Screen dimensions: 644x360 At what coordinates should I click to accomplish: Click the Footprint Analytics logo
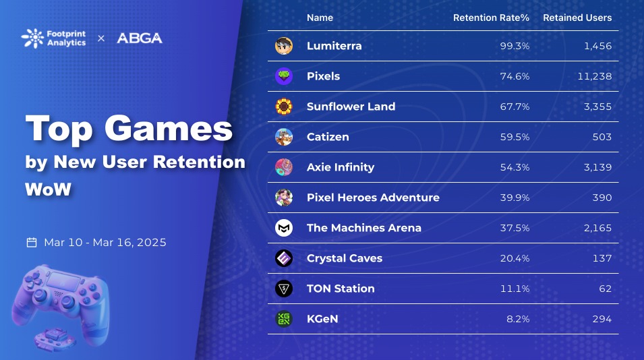pyautogui.click(x=53, y=38)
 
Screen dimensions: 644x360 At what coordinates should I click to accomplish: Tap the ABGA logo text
pyautogui.click(x=140, y=38)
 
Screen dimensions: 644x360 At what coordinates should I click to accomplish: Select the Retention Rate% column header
pyautogui.click(x=491, y=18)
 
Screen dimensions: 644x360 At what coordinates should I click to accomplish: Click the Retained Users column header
pyautogui.click(x=577, y=18)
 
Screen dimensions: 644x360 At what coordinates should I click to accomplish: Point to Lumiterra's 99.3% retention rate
pyautogui.click(x=515, y=46)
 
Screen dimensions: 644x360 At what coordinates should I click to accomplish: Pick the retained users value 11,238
pyautogui.click(x=594, y=76)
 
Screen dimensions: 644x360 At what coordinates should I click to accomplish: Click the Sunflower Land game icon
pyautogui.click(x=284, y=107)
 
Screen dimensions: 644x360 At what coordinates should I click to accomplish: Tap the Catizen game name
pyautogui.click(x=328, y=137)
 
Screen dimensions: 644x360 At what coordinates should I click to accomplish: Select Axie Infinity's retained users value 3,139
pyautogui.click(x=597, y=167)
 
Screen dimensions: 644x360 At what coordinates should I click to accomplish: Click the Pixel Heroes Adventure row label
pyautogui.click(x=373, y=198)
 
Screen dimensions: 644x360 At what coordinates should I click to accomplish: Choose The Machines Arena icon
pyautogui.click(x=284, y=228)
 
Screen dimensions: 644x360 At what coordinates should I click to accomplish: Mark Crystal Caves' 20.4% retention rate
pyautogui.click(x=515, y=258)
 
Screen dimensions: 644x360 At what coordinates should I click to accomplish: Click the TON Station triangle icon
pyautogui.click(x=284, y=289)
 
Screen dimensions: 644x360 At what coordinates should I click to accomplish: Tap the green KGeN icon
pyautogui.click(x=284, y=319)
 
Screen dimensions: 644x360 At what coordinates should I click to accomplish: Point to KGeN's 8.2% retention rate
pyautogui.click(x=518, y=319)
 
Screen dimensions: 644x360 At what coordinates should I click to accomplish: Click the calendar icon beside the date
pyautogui.click(x=32, y=242)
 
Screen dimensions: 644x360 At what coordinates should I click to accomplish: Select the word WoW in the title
pyautogui.click(x=48, y=189)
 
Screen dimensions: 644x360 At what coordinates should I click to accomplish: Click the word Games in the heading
pyautogui.click(x=169, y=129)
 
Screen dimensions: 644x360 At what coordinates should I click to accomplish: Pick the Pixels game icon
pyautogui.click(x=284, y=76)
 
